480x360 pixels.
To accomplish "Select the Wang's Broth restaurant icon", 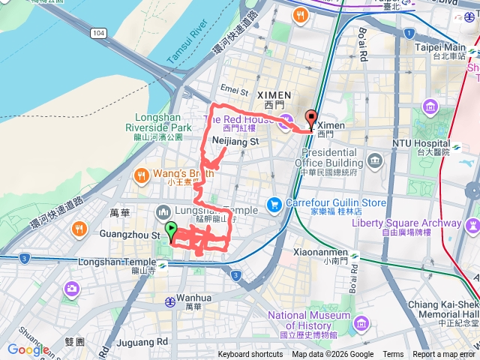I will (x=140, y=175).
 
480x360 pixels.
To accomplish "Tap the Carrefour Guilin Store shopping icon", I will (x=274, y=203).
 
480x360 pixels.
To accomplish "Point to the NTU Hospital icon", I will (x=430, y=106).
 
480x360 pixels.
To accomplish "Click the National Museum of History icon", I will (x=362, y=323).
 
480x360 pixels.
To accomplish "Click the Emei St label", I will (x=234, y=91).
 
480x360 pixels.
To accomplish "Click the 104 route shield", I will (x=100, y=33).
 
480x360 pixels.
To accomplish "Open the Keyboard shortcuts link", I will (x=250, y=355).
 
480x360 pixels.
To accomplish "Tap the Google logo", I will (x=28, y=349).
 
